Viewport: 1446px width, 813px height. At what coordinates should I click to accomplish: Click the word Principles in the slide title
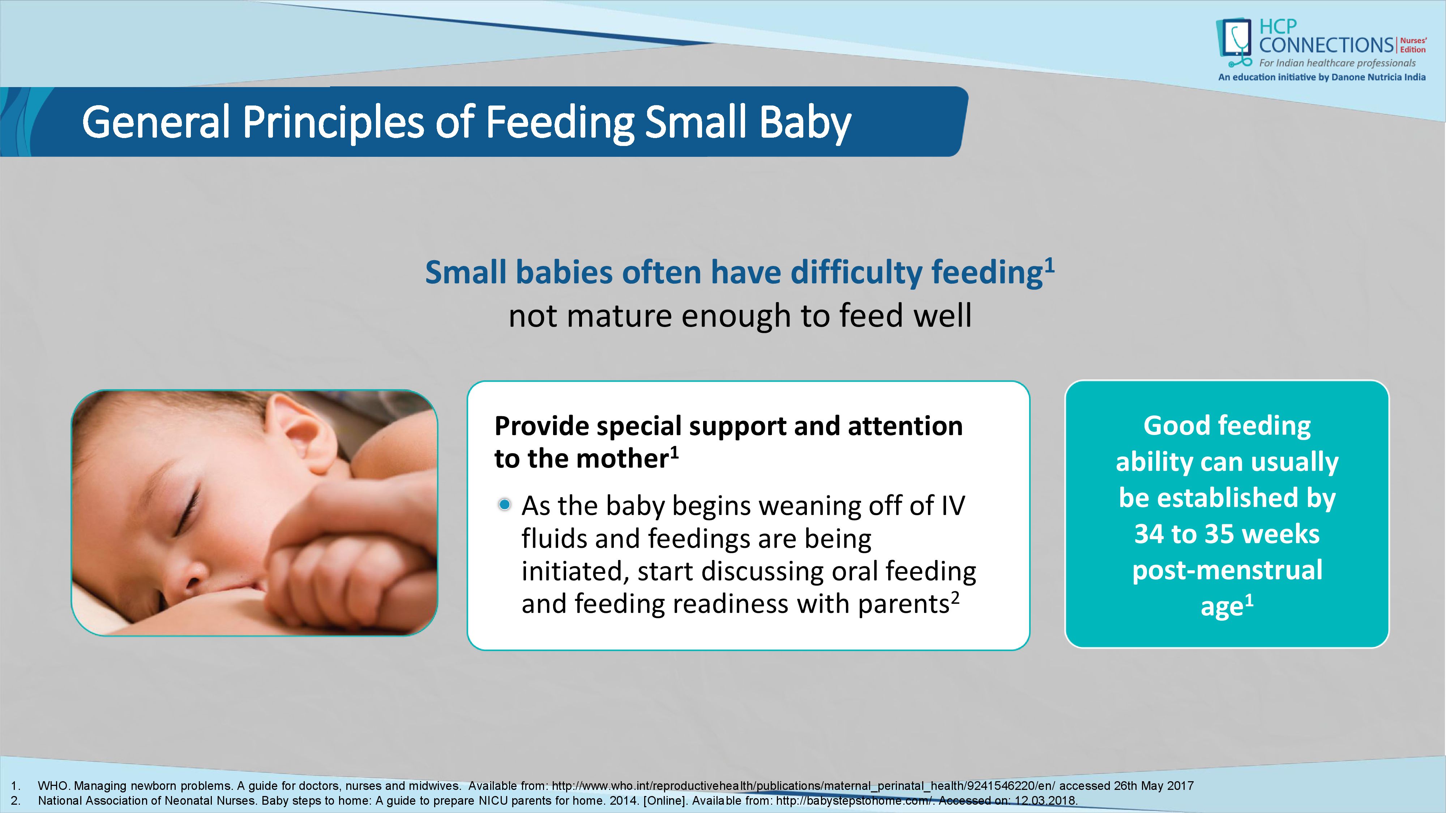point(333,122)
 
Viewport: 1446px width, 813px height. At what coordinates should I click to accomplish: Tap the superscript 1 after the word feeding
point(1050,265)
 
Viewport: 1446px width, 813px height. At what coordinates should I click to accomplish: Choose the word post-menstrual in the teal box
point(1227,570)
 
